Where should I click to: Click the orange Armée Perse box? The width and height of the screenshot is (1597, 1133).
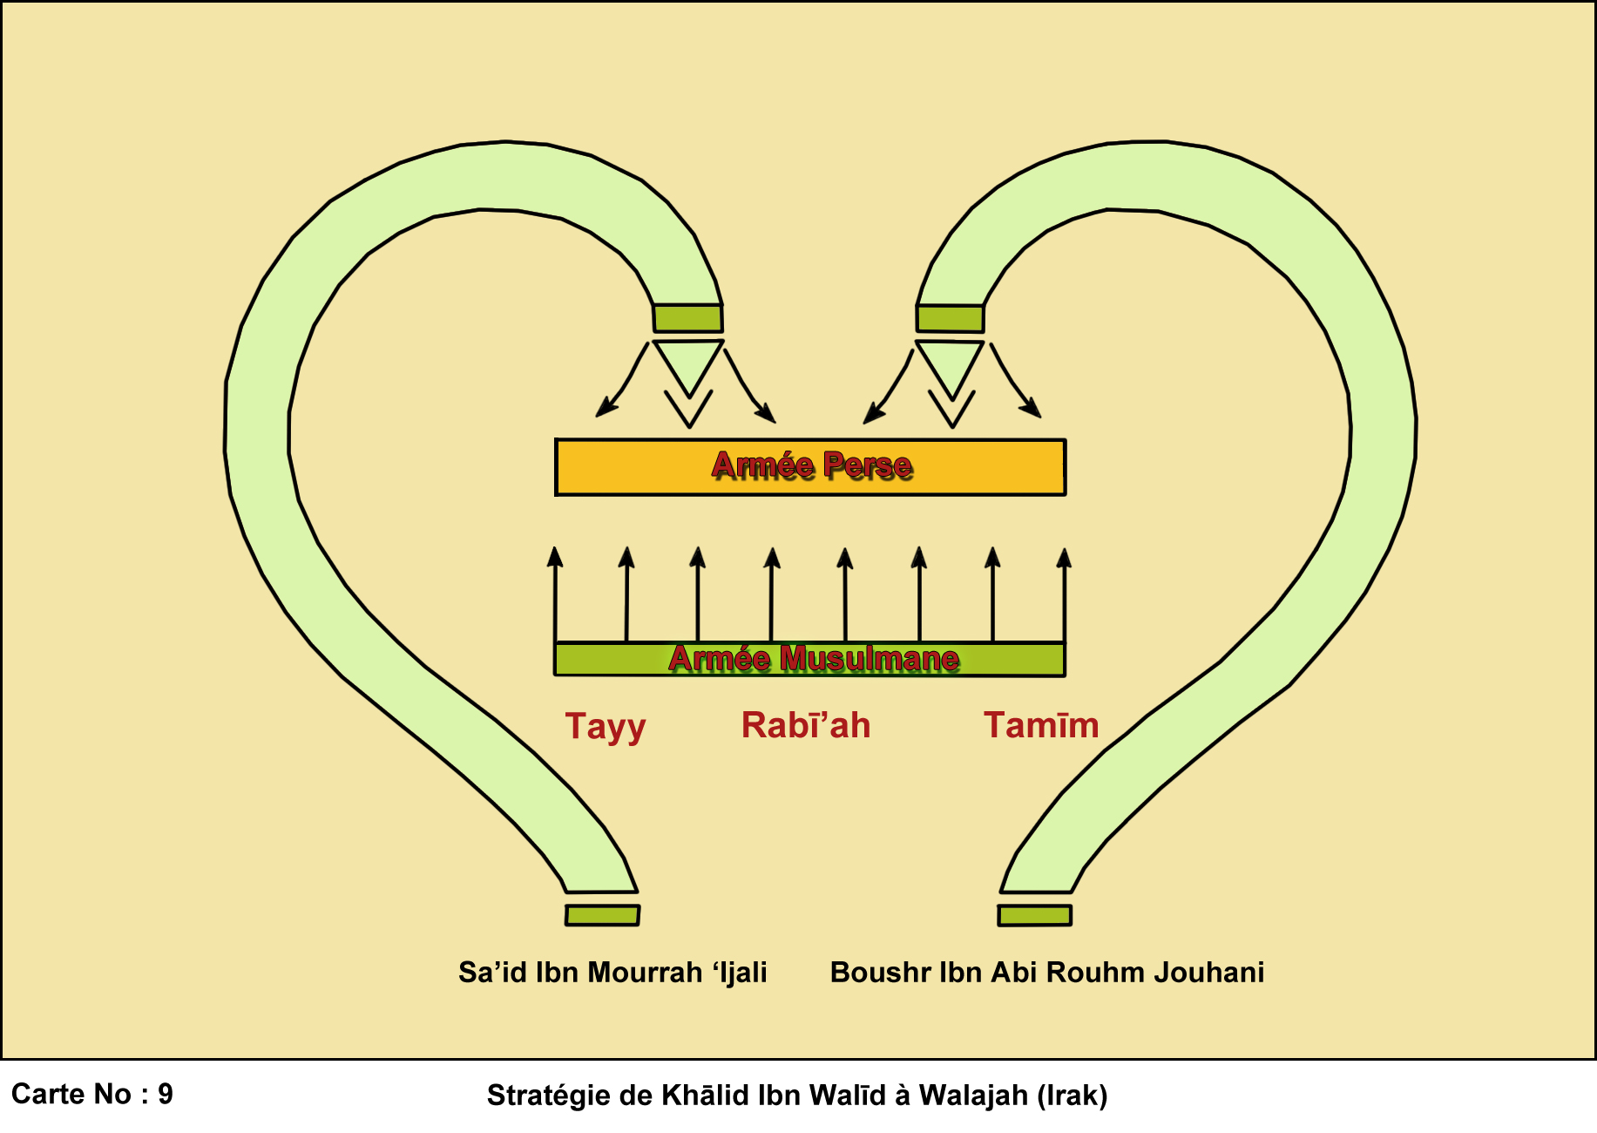(x=810, y=468)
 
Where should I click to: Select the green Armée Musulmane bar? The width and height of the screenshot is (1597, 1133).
(x=809, y=660)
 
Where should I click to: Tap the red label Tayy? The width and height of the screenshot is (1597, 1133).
(x=606, y=726)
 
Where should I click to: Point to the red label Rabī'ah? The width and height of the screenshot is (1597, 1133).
(x=806, y=725)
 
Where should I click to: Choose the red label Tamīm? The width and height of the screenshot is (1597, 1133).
(x=1041, y=725)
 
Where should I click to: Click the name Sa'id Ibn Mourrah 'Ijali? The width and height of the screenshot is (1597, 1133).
(x=612, y=972)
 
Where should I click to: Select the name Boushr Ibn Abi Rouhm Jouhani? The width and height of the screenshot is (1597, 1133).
(x=1046, y=972)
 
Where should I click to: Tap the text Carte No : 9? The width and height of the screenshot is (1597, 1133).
(x=92, y=1094)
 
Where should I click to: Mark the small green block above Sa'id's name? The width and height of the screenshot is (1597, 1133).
(x=602, y=914)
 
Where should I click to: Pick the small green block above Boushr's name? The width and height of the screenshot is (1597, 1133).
(x=1034, y=915)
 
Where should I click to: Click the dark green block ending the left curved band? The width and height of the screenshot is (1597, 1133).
(x=687, y=318)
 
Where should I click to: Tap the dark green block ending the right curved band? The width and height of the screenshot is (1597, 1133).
(x=950, y=318)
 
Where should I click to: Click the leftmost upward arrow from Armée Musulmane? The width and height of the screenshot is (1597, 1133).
(x=555, y=593)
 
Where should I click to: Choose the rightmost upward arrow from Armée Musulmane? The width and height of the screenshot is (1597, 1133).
(x=1064, y=593)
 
